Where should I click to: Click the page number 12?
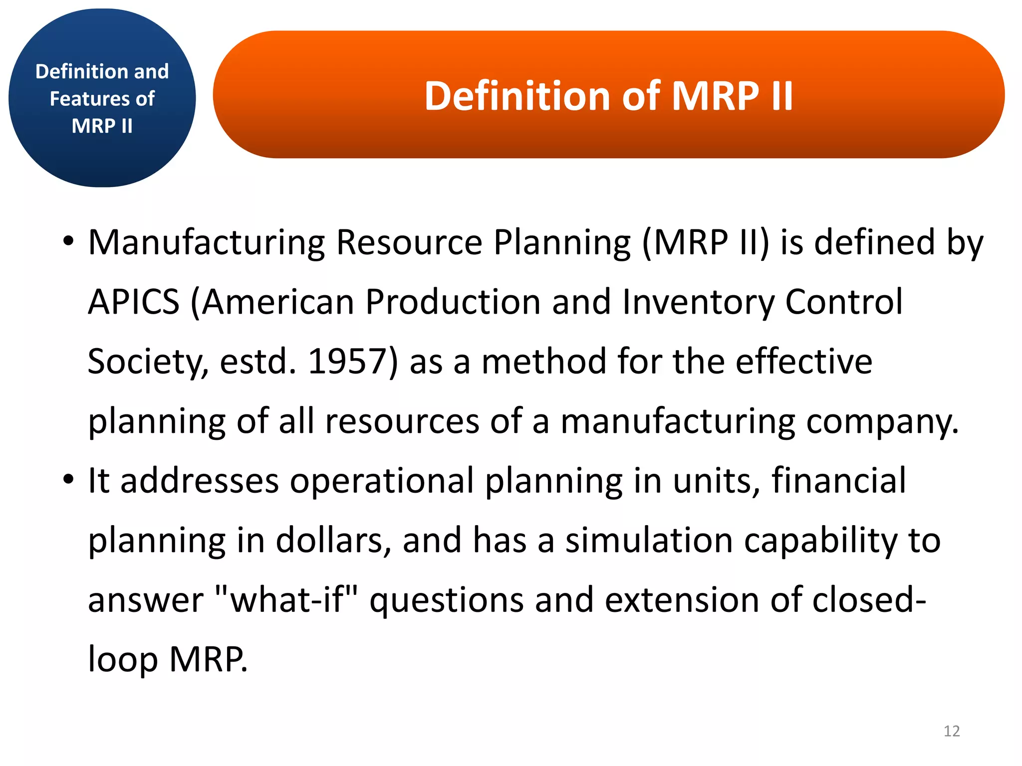(951, 731)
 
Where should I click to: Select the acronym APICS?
(133, 302)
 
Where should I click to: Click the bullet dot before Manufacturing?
(68, 242)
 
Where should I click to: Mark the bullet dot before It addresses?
(68, 480)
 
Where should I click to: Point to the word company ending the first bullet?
(882, 422)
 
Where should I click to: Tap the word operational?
(382, 481)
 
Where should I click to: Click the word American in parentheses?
(277, 302)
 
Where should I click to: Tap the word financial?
(838, 481)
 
